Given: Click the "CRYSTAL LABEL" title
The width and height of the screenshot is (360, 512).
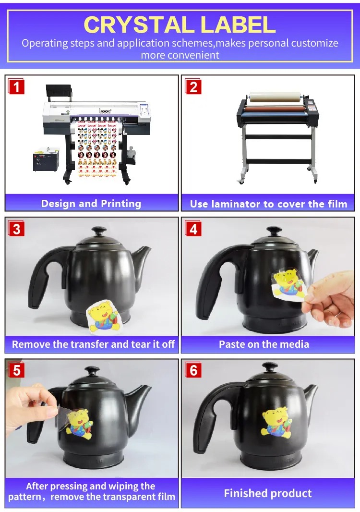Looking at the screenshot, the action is [x=180, y=25].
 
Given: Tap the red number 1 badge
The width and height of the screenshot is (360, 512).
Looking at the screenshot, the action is [x=16, y=86].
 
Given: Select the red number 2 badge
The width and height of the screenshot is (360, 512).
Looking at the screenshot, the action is [x=193, y=86].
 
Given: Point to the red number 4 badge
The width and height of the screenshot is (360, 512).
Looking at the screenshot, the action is [x=193, y=229].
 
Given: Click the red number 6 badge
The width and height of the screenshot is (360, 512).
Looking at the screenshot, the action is [x=193, y=370].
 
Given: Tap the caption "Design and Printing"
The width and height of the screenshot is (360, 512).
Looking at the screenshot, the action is [x=91, y=204].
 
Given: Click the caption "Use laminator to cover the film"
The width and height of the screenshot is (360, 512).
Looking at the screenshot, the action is [x=269, y=204].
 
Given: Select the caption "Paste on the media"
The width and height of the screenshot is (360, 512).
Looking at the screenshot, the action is [x=264, y=344].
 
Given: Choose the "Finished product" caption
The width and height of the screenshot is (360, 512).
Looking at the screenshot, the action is [x=268, y=493].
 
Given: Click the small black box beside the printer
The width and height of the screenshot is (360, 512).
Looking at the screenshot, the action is [x=46, y=159].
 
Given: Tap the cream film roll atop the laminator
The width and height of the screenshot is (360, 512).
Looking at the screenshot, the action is [x=275, y=97].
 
